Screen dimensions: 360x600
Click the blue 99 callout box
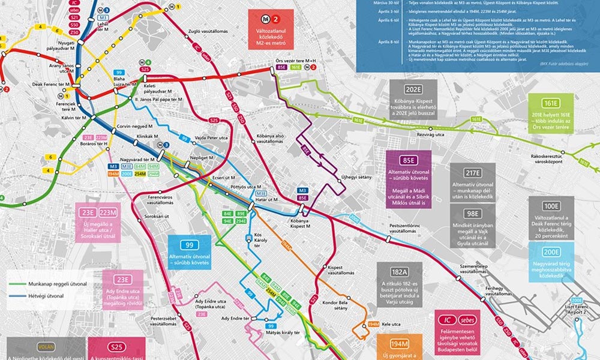coord(189,252)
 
